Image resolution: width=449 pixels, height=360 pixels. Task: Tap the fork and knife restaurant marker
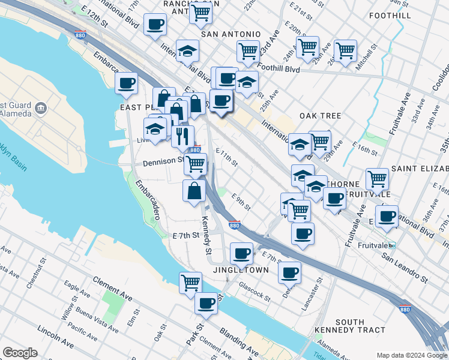point(182,136)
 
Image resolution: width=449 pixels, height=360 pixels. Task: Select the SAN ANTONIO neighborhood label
point(231,34)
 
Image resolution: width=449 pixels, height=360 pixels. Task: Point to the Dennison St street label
point(163,161)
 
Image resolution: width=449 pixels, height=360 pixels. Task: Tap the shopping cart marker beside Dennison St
point(195,164)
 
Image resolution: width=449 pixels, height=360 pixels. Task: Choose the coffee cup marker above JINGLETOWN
point(242,253)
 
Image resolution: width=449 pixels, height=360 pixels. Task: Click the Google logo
point(20,353)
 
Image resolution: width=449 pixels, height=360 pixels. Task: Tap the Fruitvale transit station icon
point(391,245)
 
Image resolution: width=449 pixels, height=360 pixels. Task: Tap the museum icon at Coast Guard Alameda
point(41,108)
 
